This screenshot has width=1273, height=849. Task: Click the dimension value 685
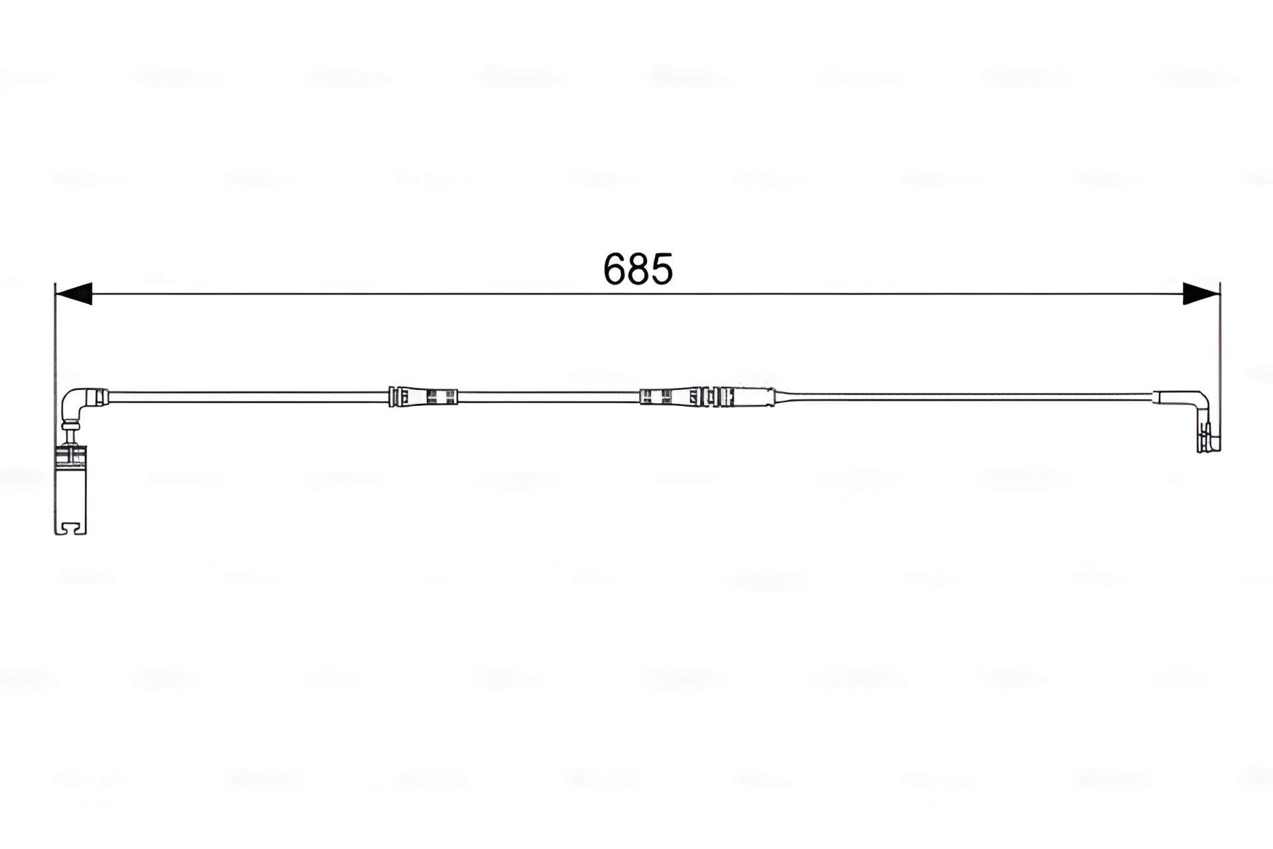[x=638, y=269]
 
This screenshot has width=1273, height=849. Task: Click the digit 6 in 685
[x=615, y=269]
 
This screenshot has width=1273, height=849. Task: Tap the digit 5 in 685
[x=662, y=269]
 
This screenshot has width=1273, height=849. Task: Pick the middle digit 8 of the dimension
[x=638, y=269]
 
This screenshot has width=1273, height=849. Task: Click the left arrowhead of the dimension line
[x=74, y=293]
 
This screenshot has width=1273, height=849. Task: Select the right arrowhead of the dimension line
[x=1201, y=293]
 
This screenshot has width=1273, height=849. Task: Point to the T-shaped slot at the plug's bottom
[x=70, y=527]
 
